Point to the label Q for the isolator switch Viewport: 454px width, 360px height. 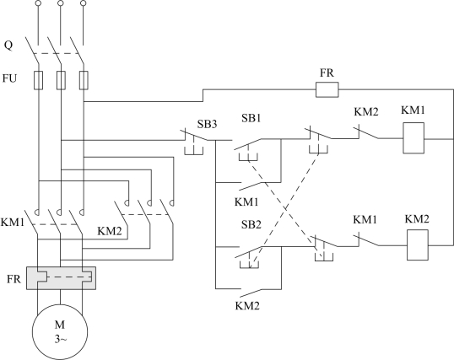click(8, 46)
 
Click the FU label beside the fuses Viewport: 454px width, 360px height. click(9, 78)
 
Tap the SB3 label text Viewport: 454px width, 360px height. click(207, 124)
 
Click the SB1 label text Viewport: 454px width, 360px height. click(251, 118)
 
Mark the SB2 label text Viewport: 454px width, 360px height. click(251, 224)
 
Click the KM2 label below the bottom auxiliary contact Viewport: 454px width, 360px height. click(247, 306)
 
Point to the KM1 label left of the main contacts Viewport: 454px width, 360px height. click(13, 223)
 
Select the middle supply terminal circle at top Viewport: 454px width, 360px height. click(61, 3)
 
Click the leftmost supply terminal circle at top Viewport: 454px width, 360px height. click(38, 3)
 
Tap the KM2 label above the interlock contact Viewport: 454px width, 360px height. click(366, 111)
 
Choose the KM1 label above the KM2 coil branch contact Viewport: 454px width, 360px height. click(365, 220)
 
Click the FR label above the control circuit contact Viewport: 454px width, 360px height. click(327, 73)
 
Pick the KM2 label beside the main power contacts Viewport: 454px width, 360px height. click(110, 231)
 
